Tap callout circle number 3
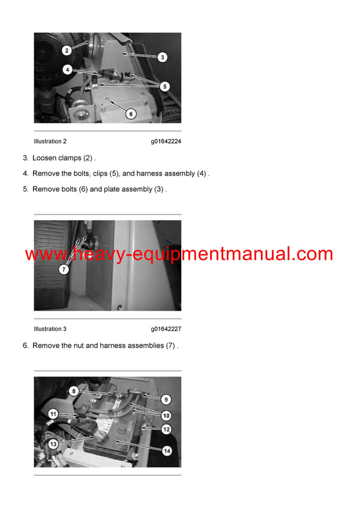(x=162, y=58)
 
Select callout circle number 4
(x=68, y=70)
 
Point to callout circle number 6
(x=131, y=113)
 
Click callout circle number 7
(x=64, y=270)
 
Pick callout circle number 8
(x=74, y=391)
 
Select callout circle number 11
(x=53, y=414)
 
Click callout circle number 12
(x=166, y=429)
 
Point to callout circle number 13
(x=53, y=444)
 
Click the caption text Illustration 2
(x=50, y=141)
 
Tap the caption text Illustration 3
(x=50, y=329)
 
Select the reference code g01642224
(x=166, y=141)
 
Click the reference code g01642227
(x=166, y=329)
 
